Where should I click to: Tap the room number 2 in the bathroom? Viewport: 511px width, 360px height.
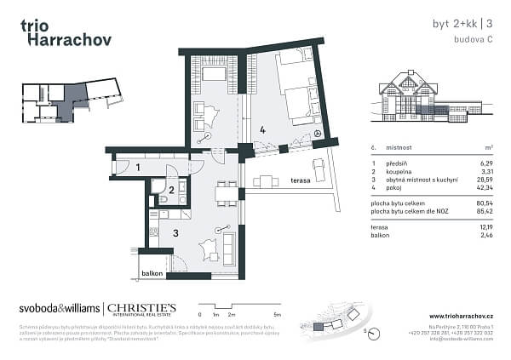(x=171, y=191)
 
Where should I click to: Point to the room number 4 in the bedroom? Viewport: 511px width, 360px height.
(x=264, y=130)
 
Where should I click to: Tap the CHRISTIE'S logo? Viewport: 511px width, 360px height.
(x=141, y=307)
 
